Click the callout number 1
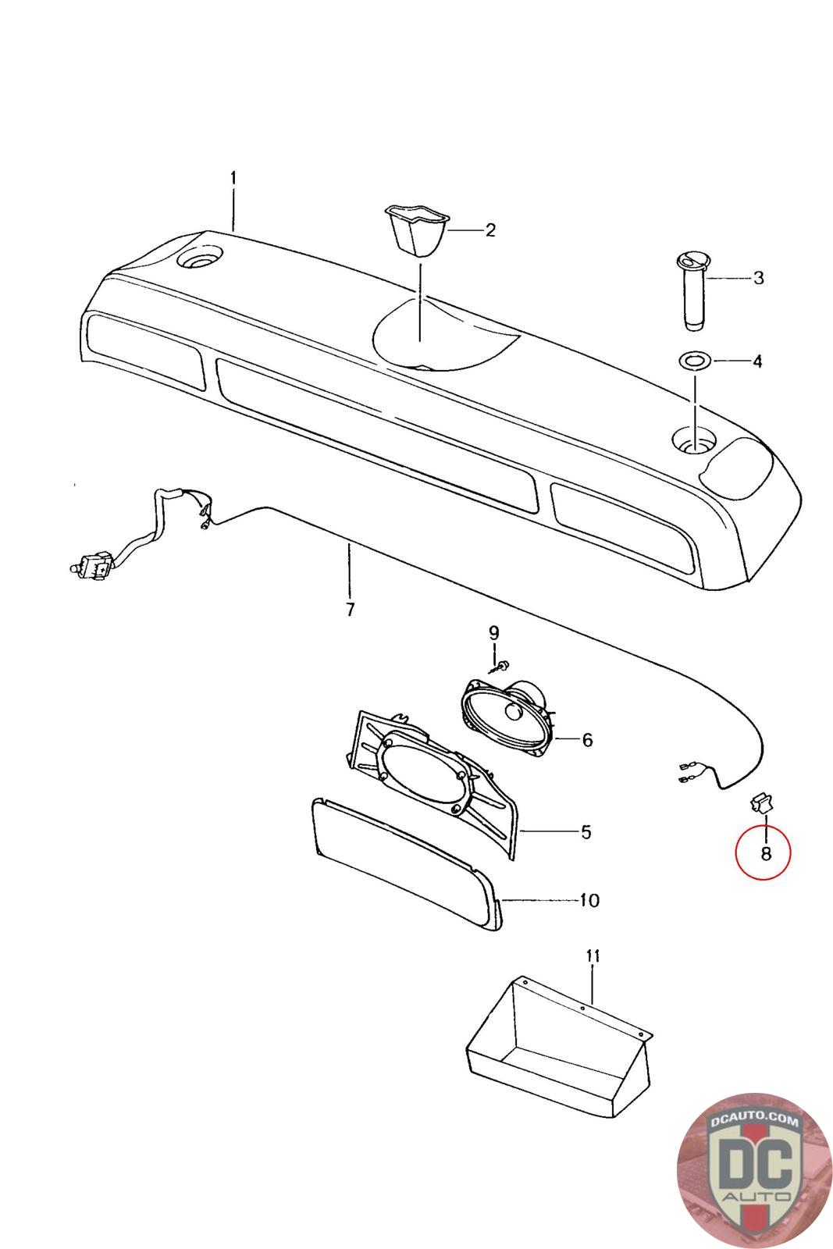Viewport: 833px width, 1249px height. coord(233,179)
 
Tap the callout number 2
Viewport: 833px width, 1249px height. coord(490,230)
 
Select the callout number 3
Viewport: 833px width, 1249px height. coord(758,278)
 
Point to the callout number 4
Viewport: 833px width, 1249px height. coord(756,361)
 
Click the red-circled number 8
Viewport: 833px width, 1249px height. coord(765,853)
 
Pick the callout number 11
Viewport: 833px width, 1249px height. coord(593,955)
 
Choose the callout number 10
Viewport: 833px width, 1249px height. coord(589,900)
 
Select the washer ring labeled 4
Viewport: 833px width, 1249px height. coord(692,361)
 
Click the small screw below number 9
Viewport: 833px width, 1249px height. coord(499,666)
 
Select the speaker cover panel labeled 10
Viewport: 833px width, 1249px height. coord(406,866)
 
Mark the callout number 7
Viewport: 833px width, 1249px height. coord(350,610)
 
